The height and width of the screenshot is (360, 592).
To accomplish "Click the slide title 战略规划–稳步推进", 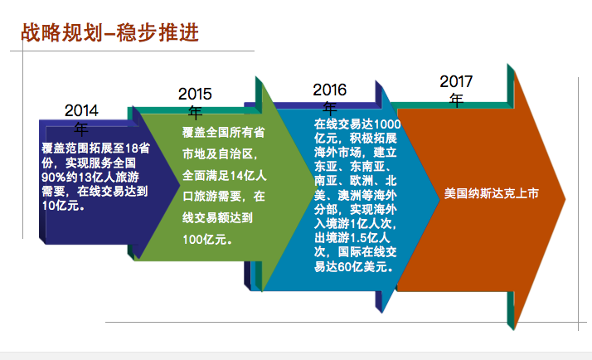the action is tap(110, 32).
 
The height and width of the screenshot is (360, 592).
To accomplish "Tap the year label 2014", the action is tap(81, 110).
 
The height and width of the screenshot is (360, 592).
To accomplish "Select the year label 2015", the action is tap(195, 94).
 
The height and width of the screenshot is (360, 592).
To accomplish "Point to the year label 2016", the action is tap(330, 90).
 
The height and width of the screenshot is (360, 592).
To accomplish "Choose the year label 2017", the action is tap(457, 81).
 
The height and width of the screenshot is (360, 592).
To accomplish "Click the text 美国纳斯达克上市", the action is tap(491, 193).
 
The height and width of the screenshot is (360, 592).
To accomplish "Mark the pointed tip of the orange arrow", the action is tap(565, 199).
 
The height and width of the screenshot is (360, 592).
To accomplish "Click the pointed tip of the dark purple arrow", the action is tap(180, 185).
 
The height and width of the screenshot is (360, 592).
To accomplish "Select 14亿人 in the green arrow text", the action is tap(248, 175).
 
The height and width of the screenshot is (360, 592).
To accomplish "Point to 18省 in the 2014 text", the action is tap(138, 148).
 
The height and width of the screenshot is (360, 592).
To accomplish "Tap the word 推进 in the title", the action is tap(178, 32).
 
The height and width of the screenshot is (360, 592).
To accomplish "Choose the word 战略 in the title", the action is tap(41, 32).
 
